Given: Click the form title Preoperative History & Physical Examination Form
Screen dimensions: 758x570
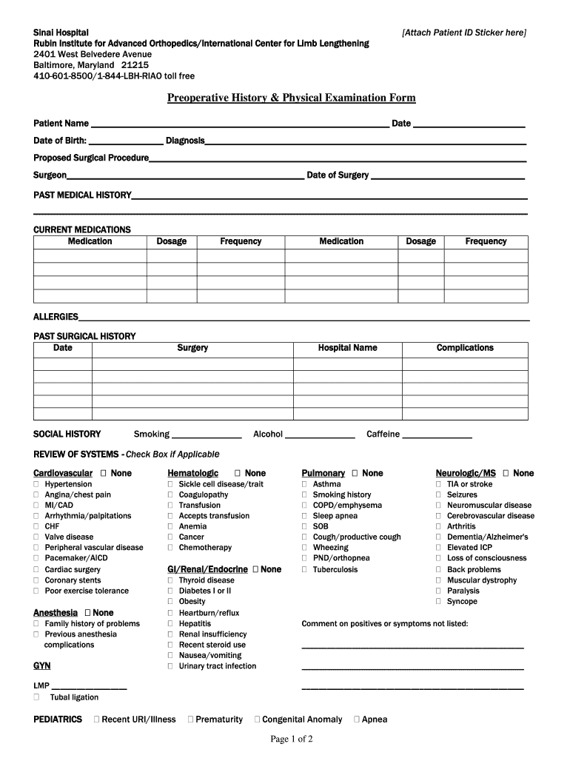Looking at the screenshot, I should point(291,98).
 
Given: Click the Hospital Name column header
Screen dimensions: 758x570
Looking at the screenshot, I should point(347,348).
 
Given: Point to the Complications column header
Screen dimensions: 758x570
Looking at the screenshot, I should point(464,348).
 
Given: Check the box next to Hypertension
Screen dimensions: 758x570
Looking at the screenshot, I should point(36,485).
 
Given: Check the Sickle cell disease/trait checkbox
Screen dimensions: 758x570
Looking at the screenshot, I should point(170,485).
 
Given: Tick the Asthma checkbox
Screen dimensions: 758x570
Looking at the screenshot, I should point(304,485).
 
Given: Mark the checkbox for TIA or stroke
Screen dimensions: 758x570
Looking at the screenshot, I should point(438,485).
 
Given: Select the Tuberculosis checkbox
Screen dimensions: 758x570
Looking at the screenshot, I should point(304,570).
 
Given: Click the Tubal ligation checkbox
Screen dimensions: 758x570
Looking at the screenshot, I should point(36,697).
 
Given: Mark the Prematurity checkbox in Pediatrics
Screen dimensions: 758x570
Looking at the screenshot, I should point(191,720).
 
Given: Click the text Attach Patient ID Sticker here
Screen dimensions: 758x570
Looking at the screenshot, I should point(464,33).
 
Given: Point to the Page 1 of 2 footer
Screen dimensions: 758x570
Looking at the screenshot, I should point(292,739).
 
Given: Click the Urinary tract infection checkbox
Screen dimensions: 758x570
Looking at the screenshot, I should point(170,666).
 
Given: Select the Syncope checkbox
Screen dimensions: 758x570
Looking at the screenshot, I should point(438,602).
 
